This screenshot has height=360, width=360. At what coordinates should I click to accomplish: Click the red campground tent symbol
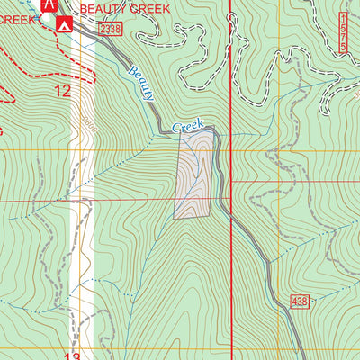(64, 24)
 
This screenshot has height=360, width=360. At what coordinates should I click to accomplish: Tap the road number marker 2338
(110, 30)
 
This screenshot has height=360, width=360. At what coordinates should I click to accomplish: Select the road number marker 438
(300, 300)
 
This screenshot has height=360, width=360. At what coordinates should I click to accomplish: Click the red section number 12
(62, 90)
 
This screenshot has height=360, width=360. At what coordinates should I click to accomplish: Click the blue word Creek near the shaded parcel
(188, 125)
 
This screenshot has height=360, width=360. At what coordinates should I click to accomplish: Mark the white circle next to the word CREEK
(45, 17)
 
